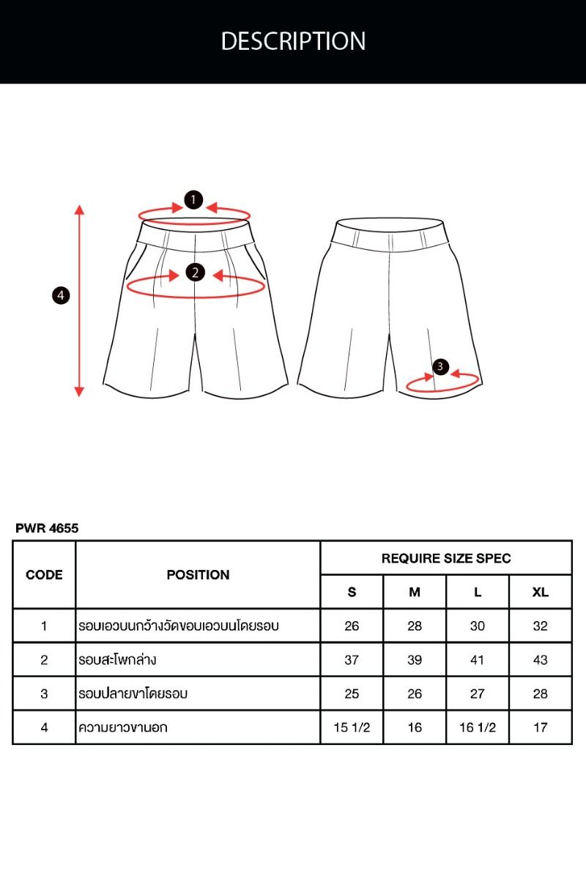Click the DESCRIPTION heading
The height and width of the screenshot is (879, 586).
(293, 41)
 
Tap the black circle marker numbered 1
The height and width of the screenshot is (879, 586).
(193, 200)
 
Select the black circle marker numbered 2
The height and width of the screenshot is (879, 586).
(195, 272)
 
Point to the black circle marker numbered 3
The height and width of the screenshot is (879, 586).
(440, 366)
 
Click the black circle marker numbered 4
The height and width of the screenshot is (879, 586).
(61, 295)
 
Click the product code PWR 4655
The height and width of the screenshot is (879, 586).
(47, 528)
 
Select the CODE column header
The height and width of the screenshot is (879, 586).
(44, 575)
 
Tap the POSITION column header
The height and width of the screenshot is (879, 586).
(199, 575)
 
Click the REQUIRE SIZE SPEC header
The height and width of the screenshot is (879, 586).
(446, 558)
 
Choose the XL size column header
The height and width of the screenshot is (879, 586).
(541, 592)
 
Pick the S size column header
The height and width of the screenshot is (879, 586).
(352, 592)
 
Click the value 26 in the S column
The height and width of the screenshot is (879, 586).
(352, 626)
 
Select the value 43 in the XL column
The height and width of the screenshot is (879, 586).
(541, 660)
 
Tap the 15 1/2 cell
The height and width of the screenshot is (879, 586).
(352, 727)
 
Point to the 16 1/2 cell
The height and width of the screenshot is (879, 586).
(478, 727)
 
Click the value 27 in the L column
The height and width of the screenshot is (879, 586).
(478, 694)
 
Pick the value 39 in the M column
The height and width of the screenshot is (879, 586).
(415, 660)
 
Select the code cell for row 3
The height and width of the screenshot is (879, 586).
(44, 694)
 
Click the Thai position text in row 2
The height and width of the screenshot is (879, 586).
(117, 659)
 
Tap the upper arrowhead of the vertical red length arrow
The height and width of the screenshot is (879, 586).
(79, 209)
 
